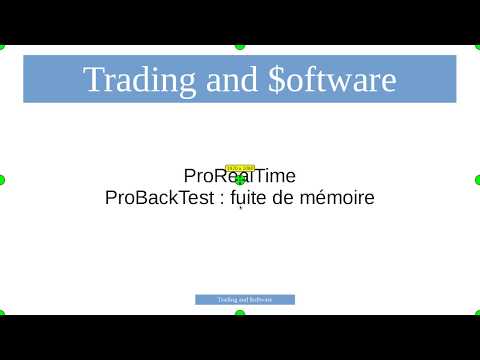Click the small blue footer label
[245, 299]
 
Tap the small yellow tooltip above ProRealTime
[240, 168]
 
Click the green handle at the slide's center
[240, 180]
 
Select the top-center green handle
[240, 46]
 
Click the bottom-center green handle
[240, 314]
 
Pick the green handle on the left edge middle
[2, 180]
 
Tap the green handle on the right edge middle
[478, 180]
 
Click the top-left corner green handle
[2, 46]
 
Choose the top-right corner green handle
[478, 46]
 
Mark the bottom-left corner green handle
[2, 314]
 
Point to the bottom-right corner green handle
[478, 314]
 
